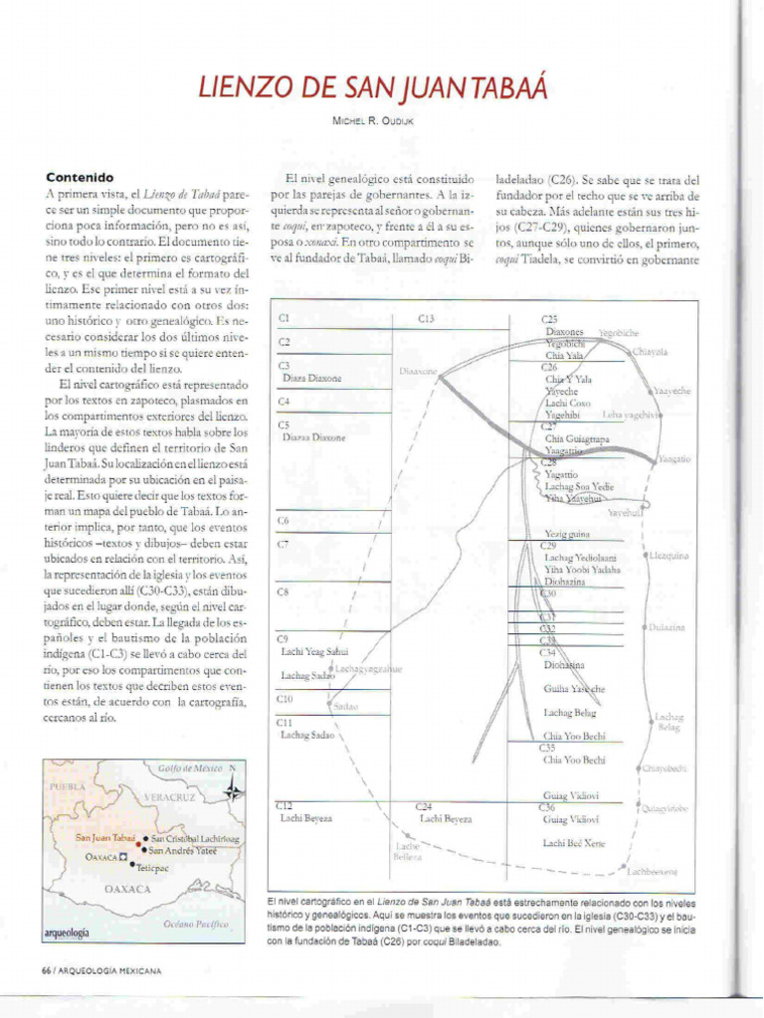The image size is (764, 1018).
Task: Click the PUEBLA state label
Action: pyautogui.click(x=70, y=786)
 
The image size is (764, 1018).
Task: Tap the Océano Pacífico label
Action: pyautogui.click(x=195, y=924)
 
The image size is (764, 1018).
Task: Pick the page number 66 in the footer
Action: pyautogui.click(x=46, y=970)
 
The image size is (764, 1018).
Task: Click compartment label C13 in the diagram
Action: pyautogui.click(x=426, y=319)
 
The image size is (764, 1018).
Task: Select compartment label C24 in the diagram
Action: pyautogui.click(x=423, y=805)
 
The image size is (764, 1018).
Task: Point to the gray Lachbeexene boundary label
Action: pyautogui.click(x=652, y=871)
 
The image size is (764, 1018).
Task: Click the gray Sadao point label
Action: pyautogui.click(x=345, y=706)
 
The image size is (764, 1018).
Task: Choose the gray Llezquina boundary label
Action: pyautogui.click(x=668, y=556)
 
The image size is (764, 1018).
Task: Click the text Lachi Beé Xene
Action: pyautogui.click(x=574, y=843)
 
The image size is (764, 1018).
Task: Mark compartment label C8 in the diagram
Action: pyautogui.click(x=284, y=592)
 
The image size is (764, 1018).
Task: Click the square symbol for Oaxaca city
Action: pyautogui.click(x=122, y=856)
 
